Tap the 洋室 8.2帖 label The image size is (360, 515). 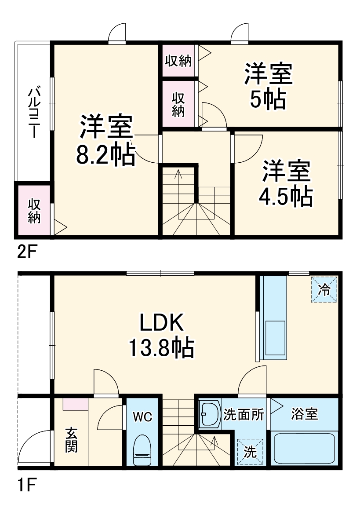coord(105,140)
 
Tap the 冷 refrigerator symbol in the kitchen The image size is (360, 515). coord(324,289)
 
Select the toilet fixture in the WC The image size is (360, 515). coord(142,449)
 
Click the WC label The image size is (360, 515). coord(143,417)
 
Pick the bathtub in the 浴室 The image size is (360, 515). coord(304,448)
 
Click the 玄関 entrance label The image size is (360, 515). coord(71,440)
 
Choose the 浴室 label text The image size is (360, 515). coord(305,414)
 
